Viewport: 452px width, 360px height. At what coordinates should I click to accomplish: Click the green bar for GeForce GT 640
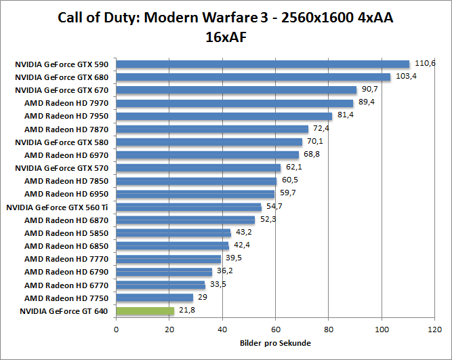[145, 311]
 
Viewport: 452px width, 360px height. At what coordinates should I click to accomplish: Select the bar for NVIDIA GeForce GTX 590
[263, 64]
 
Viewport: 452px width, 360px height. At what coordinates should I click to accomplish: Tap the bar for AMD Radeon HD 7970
[234, 103]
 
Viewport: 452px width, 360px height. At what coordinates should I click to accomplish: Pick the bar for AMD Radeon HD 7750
[155, 298]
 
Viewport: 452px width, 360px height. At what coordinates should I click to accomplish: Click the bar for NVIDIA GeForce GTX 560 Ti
[188, 207]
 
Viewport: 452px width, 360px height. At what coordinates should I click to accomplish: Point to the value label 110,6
[425, 63]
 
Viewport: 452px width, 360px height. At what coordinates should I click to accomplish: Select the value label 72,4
[321, 128]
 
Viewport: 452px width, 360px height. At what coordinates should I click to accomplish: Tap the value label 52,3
[268, 220]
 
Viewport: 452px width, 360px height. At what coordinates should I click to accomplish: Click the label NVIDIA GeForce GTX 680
[62, 77]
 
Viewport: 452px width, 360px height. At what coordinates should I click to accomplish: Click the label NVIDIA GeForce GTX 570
[62, 168]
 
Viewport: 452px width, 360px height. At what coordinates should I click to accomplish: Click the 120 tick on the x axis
[435, 329]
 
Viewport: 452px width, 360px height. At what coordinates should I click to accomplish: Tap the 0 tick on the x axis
[117, 329]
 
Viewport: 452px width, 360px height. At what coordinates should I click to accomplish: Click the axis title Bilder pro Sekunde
[275, 344]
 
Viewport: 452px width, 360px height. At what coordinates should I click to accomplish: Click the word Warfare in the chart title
[238, 18]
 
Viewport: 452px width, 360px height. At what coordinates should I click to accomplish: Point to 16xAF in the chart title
[225, 37]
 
